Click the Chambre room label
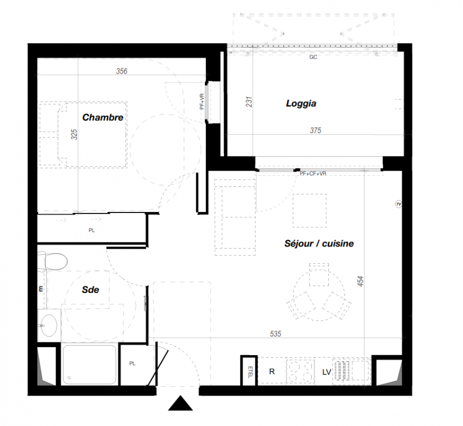pyautogui.click(x=103, y=117)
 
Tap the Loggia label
pyautogui.click(x=301, y=103)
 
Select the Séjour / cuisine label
pyautogui.click(x=319, y=243)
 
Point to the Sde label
pyautogui.click(x=90, y=290)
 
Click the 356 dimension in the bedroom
pyautogui.click(x=122, y=71)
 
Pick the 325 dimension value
pyautogui.click(x=74, y=134)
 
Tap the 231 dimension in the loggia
pyautogui.click(x=249, y=102)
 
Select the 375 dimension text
pyautogui.click(x=316, y=130)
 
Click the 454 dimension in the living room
pyautogui.click(x=360, y=281)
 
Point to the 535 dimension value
pyautogui.click(x=275, y=334)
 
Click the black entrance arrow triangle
pyautogui.click(x=180, y=403)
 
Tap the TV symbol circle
pyautogui.click(x=399, y=204)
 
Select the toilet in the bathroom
pyautogui.click(x=53, y=261)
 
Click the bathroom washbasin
pyautogui.click(x=49, y=325)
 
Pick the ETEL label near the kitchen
pyautogui.click(x=250, y=372)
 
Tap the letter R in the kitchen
pyautogui.click(x=272, y=371)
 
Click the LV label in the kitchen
pyautogui.click(x=327, y=372)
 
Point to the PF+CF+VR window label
pyautogui.click(x=313, y=174)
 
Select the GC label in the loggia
pyautogui.click(x=313, y=57)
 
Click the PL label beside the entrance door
pyautogui.click(x=133, y=363)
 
